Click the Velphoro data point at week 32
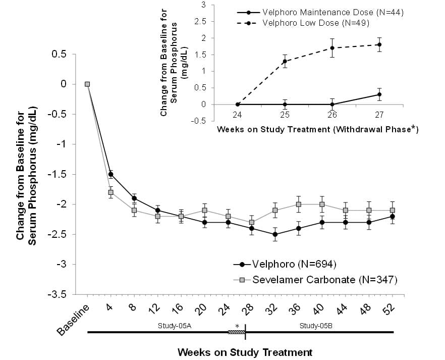275,234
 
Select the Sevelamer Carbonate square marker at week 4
110,192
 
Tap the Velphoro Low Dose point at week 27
379,44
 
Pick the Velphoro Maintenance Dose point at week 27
379,94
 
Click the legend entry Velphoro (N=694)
285,265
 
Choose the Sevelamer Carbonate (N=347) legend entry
315,280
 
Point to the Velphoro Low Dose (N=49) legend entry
303,23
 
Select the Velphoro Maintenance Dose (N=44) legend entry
320,13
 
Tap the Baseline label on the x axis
73,320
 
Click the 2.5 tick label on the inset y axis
200,22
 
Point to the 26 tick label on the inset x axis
332,115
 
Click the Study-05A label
175,326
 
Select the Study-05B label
316,326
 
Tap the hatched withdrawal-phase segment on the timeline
237,332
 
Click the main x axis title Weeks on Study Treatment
245,352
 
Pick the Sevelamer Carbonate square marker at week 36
299,204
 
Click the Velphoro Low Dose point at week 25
285,61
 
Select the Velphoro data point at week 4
110,174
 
